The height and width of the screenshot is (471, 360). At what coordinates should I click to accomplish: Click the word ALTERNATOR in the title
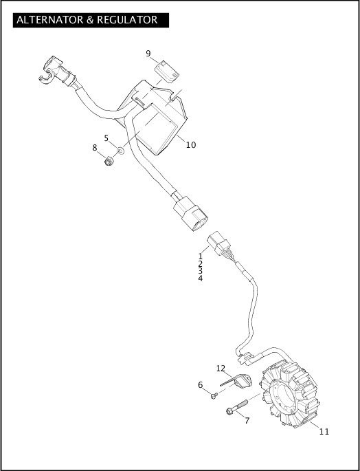(51, 20)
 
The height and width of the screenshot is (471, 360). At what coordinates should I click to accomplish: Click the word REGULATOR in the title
(127, 20)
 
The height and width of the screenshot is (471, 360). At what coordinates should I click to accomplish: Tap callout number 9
(148, 54)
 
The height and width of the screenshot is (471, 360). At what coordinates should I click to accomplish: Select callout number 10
(191, 145)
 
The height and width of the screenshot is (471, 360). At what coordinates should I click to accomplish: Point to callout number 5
(106, 138)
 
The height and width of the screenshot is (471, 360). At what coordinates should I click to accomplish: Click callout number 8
(95, 148)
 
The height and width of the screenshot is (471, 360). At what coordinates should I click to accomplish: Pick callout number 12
(221, 369)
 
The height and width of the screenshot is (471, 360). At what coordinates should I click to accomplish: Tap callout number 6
(200, 385)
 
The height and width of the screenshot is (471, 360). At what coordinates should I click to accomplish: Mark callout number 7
(247, 421)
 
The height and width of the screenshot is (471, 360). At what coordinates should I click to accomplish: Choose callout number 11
(324, 432)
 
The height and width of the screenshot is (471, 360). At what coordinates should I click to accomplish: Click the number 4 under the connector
(200, 278)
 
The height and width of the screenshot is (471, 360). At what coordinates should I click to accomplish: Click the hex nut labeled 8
(108, 162)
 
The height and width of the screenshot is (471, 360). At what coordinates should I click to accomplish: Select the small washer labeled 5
(121, 151)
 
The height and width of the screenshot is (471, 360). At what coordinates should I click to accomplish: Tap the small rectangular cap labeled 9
(167, 71)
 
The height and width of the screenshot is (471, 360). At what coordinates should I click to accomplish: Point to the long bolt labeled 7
(237, 406)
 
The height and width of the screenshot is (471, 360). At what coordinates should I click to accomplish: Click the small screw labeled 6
(214, 396)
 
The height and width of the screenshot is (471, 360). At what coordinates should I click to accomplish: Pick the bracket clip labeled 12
(237, 381)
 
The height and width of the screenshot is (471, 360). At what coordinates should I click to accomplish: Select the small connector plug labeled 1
(218, 243)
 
